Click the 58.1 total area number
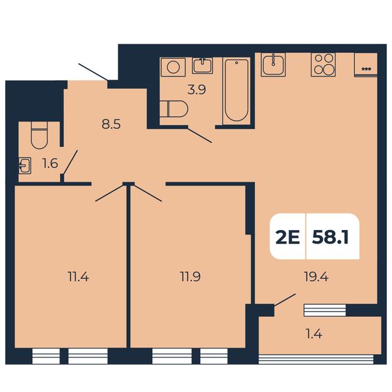[x=330, y=237]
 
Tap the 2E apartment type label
[x=287, y=237]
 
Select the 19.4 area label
[x=316, y=277]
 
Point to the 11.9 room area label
[x=190, y=277]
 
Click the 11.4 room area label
[x=78, y=277]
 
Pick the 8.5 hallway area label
[x=111, y=124]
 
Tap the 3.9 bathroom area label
[x=197, y=90]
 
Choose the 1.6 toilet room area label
[x=50, y=164]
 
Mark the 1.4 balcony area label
[x=314, y=334]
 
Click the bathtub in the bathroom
[x=237, y=91]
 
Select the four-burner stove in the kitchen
[x=323, y=65]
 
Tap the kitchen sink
[x=273, y=65]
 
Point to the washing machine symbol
[x=173, y=67]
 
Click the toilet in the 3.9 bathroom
[x=174, y=108]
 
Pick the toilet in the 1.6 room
[x=39, y=135]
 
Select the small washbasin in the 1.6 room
[x=25, y=165]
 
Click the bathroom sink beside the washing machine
[x=203, y=65]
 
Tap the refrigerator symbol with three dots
[x=366, y=65]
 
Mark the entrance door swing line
[x=93, y=73]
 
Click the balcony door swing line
[x=285, y=300]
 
